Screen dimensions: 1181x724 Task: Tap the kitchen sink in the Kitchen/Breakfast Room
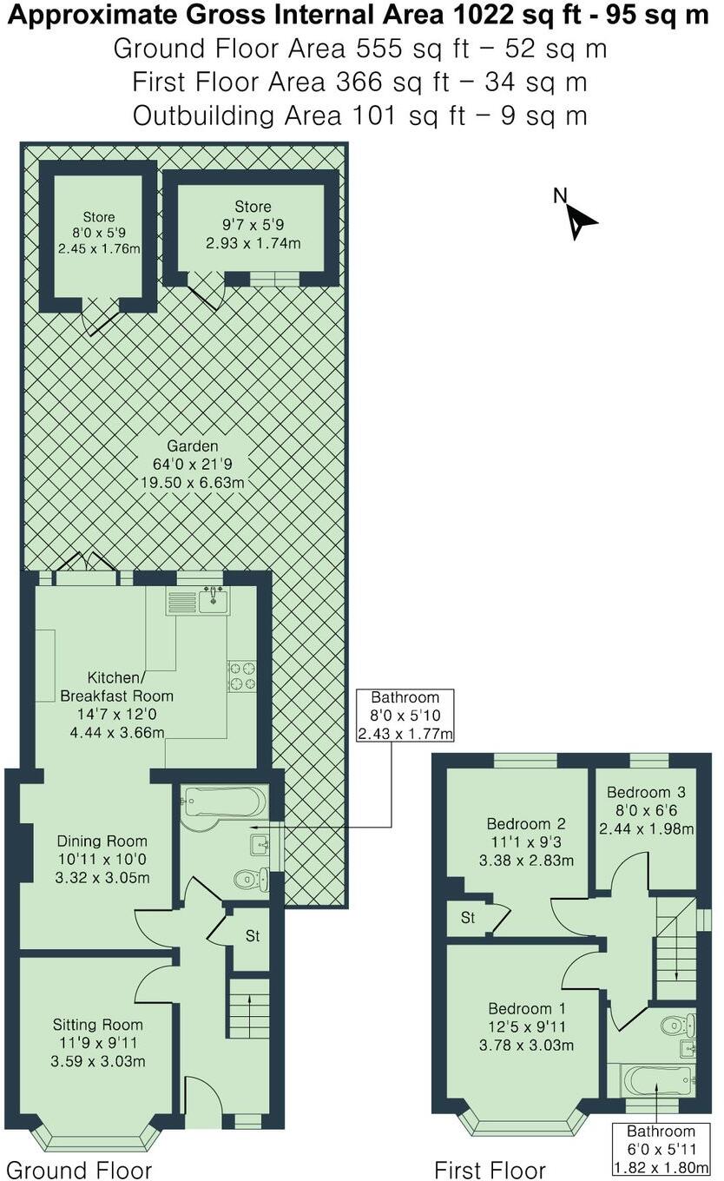click(x=213, y=600)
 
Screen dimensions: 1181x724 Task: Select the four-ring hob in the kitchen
click(x=241, y=676)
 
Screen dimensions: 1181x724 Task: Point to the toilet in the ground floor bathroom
click(x=250, y=880)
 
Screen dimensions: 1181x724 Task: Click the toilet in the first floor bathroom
click(x=675, y=1026)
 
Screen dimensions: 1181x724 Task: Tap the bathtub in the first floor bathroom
click(x=658, y=1081)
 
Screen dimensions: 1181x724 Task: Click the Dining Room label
click(x=102, y=841)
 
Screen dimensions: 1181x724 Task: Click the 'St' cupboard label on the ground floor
click(x=253, y=937)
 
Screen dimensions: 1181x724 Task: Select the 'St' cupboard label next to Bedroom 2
click(x=468, y=918)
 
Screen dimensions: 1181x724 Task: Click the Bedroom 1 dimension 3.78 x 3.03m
click(x=526, y=1045)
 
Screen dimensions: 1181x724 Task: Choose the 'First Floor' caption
click(x=490, y=1169)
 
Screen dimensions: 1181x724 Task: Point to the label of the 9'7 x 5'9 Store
click(x=253, y=207)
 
